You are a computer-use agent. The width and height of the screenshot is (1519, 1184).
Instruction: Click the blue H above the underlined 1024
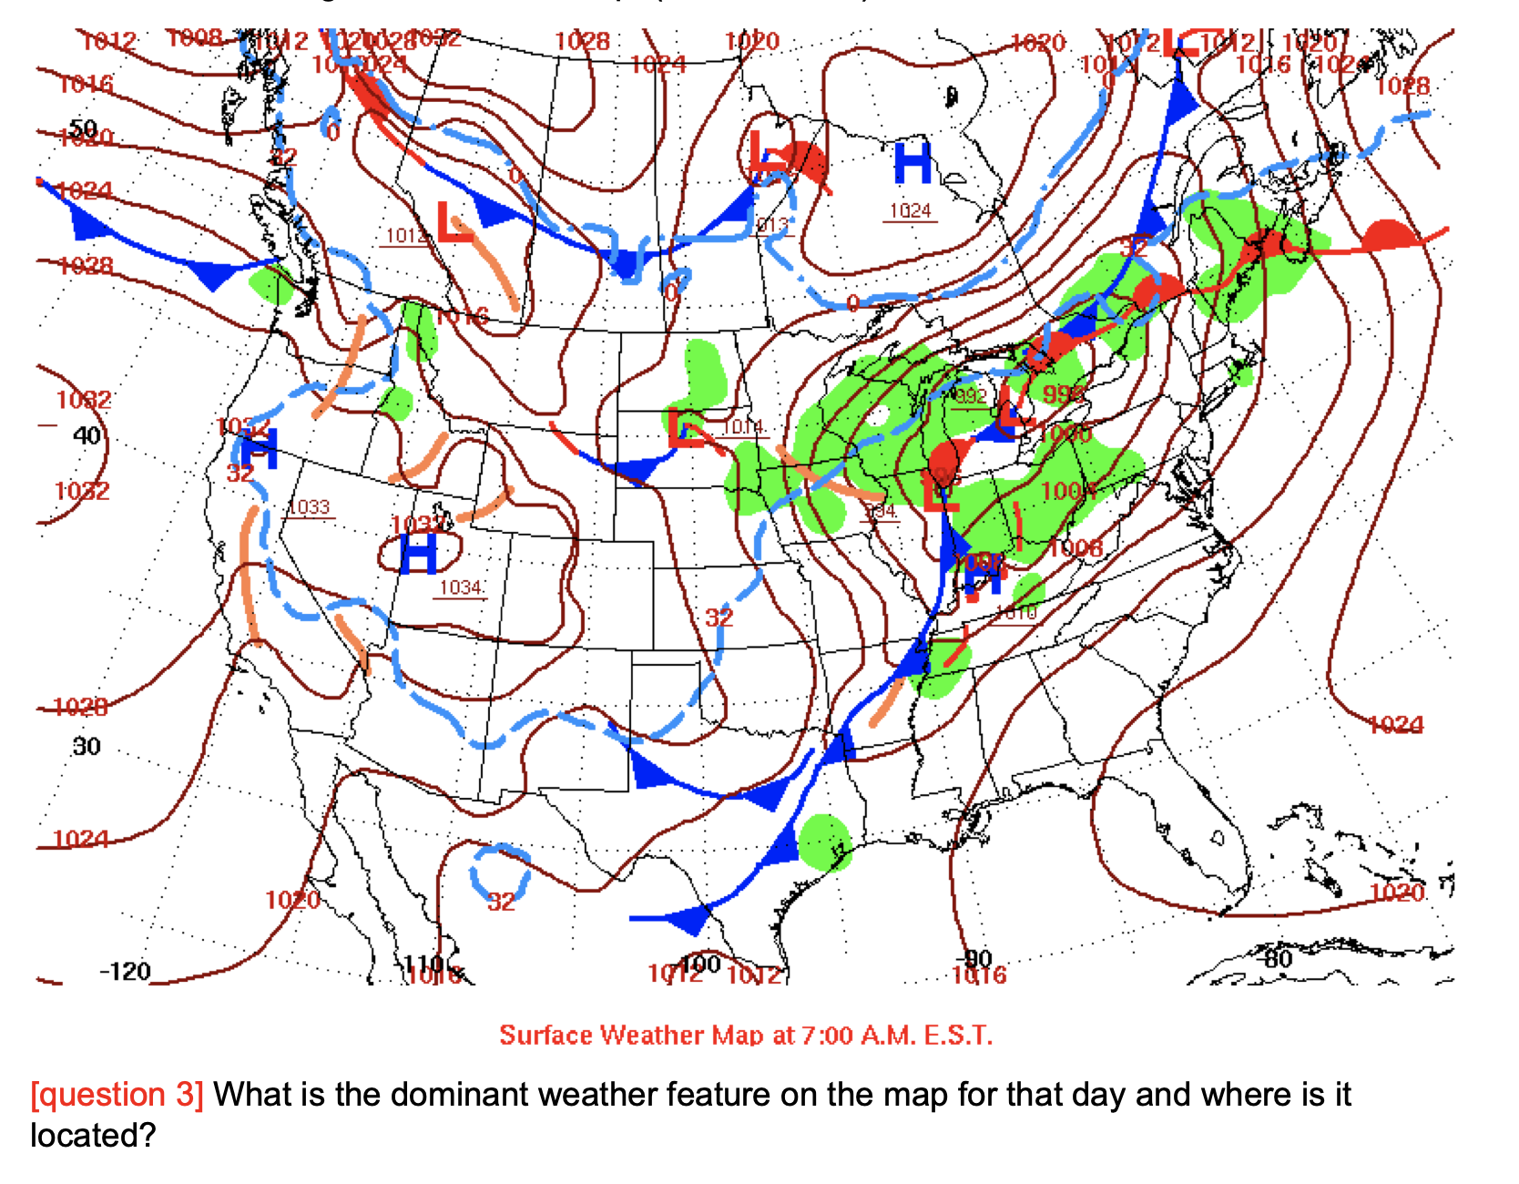pyautogui.click(x=912, y=164)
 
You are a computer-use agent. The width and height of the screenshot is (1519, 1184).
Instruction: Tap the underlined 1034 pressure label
pyautogui.click(x=461, y=588)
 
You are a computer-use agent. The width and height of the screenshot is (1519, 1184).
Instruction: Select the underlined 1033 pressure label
pyautogui.click(x=310, y=508)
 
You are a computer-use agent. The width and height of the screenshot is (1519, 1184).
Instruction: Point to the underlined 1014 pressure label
pyautogui.click(x=743, y=427)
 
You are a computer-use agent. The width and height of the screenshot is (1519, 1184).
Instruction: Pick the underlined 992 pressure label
pyautogui.click(x=971, y=397)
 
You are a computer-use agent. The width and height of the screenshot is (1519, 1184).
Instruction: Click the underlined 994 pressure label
pyautogui.click(x=880, y=512)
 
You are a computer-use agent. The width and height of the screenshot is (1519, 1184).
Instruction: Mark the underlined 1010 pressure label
pyautogui.click(x=1016, y=612)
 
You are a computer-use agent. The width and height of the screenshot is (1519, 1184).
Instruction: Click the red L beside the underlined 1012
pyautogui.click(x=454, y=223)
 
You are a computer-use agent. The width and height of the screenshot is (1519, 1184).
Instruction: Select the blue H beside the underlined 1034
pyautogui.click(x=418, y=553)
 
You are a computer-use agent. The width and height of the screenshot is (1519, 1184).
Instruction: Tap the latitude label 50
pyautogui.click(x=83, y=128)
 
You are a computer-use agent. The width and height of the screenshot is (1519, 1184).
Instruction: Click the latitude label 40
pyautogui.click(x=87, y=435)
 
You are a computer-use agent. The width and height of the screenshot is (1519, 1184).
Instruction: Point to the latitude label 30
pyautogui.click(x=87, y=747)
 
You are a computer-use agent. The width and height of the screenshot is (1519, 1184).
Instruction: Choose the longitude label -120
pyautogui.click(x=125, y=972)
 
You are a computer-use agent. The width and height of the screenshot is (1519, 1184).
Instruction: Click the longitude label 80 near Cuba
pyautogui.click(x=1277, y=958)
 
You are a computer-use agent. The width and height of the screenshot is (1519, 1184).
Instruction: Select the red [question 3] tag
pyautogui.click(x=117, y=1095)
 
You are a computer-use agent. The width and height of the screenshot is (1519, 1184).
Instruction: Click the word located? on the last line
pyautogui.click(x=93, y=1136)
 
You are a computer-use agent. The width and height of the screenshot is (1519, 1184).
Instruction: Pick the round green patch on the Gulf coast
pyautogui.click(x=824, y=842)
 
